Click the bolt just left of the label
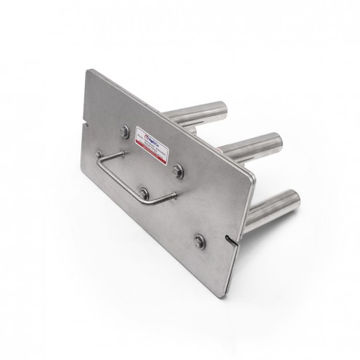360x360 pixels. point(125,131)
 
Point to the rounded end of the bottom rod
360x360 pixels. point(295,196)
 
